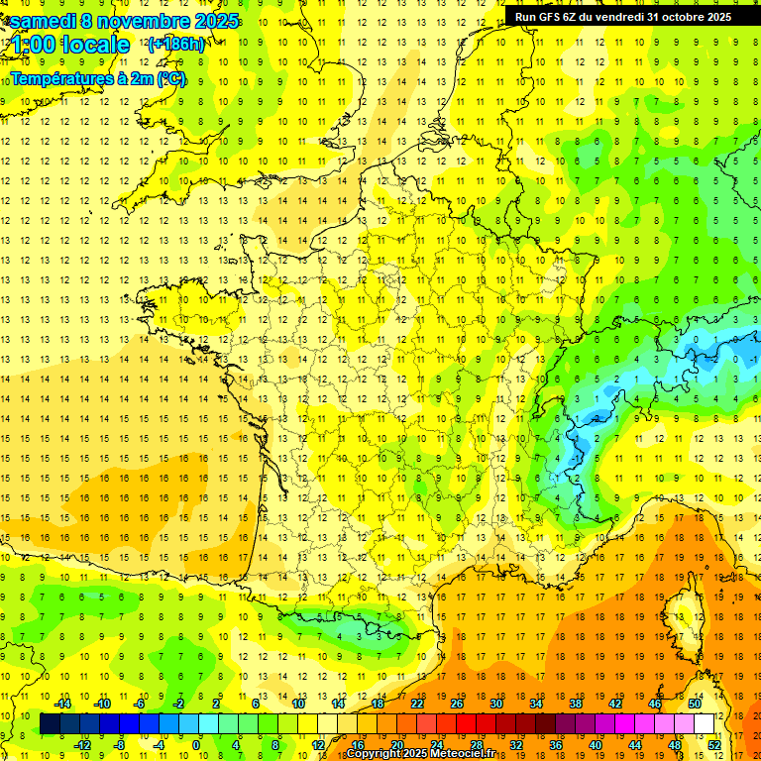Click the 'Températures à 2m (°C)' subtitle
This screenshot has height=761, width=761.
pos(98,78)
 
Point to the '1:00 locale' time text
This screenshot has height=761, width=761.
pos(70,45)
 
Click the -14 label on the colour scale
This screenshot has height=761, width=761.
pos(63,704)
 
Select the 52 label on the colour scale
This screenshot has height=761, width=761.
pos(714,745)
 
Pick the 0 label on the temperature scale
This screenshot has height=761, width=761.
pos(196,745)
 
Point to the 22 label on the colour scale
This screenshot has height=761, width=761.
pos(417,704)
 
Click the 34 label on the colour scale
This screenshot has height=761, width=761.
pos(536,704)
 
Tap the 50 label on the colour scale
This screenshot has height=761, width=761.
pos(695,704)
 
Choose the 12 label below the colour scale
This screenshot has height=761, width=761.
pos(318,745)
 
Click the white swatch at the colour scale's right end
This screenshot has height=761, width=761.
pos(705,724)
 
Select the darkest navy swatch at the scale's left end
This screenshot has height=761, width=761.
pos(50,724)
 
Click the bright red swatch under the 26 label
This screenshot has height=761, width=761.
pos(466,724)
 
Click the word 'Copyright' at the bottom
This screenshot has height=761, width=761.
pos(376,754)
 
